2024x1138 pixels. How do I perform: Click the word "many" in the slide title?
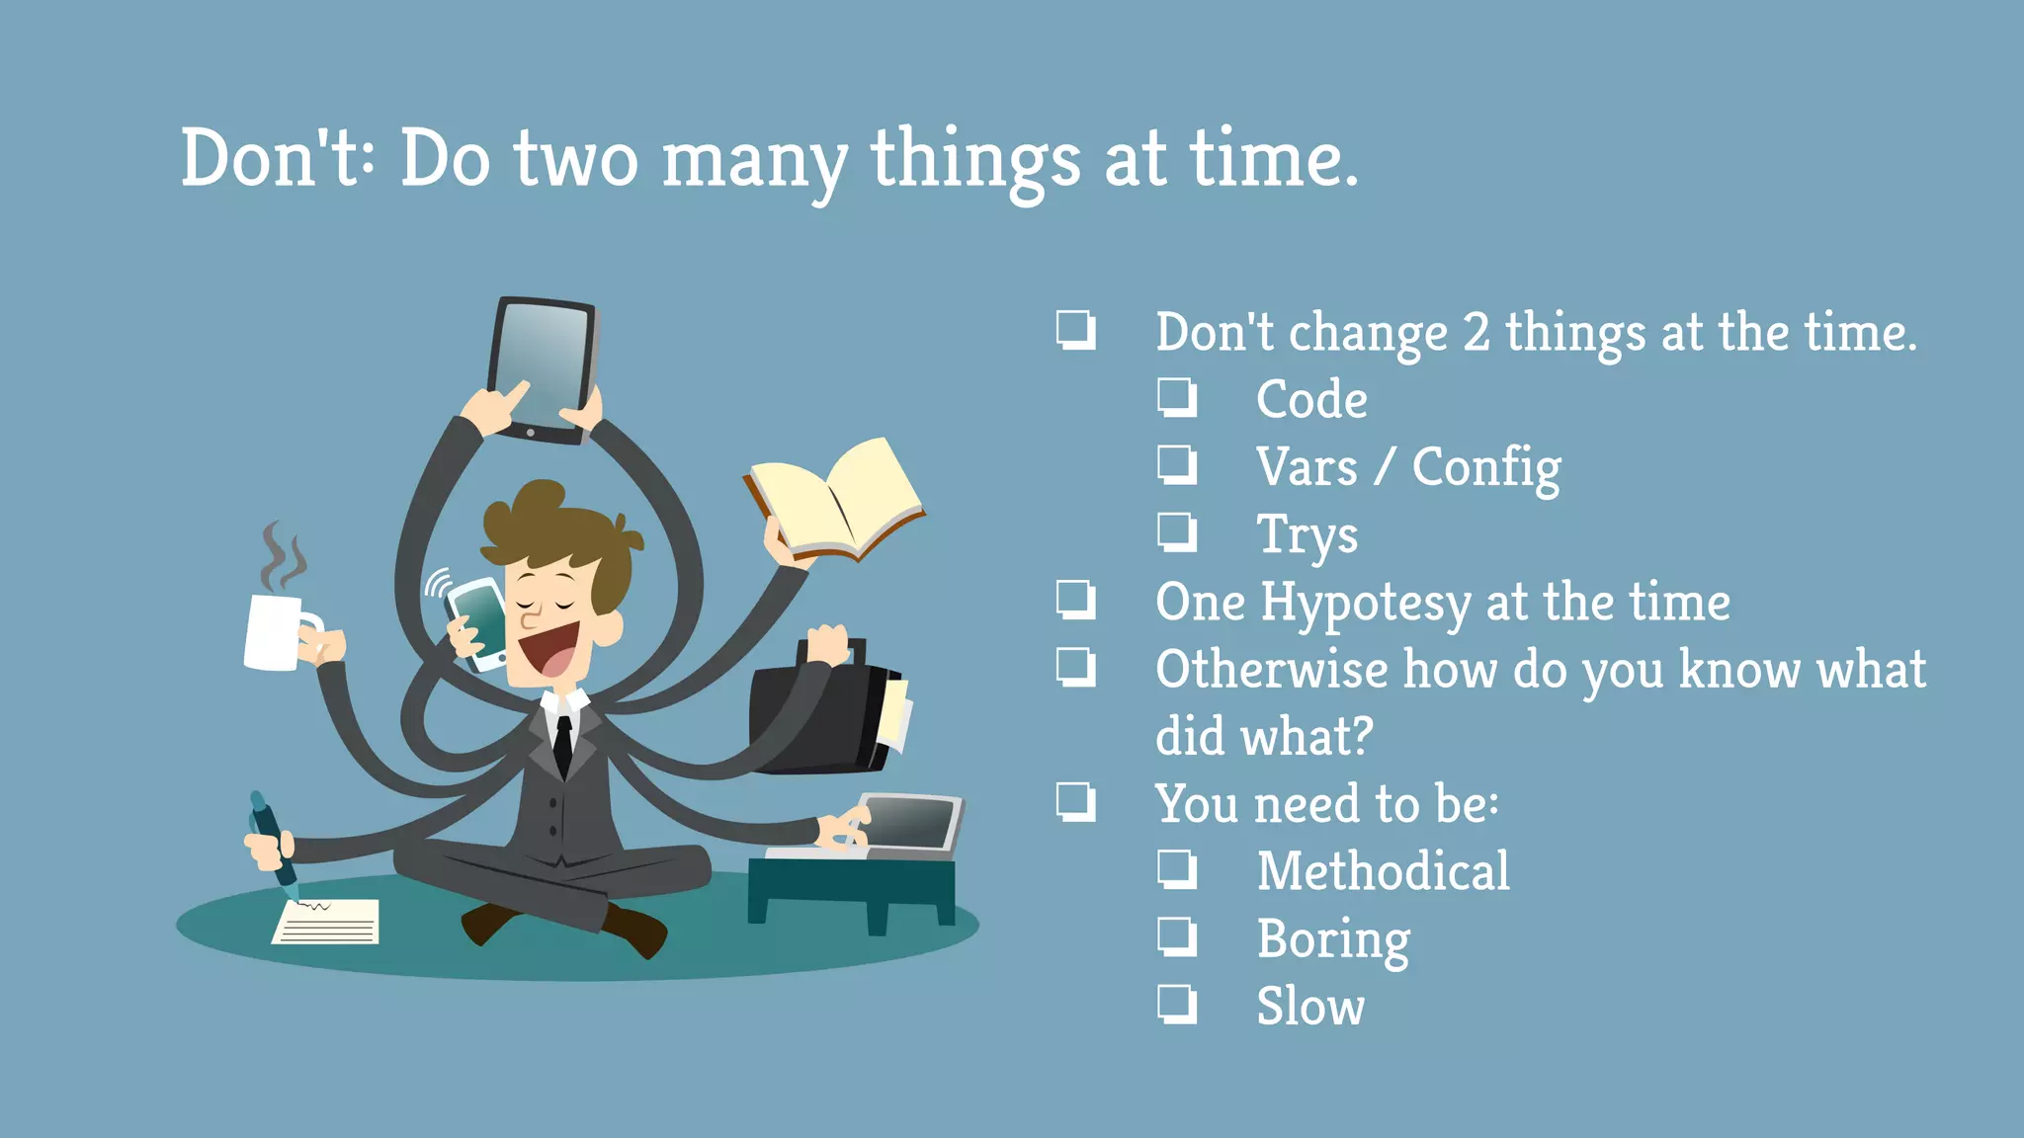[x=754, y=161]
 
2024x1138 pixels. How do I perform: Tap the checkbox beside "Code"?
[x=1177, y=397]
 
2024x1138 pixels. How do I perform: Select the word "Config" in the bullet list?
[x=1485, y=467]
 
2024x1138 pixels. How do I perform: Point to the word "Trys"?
[x=1307, y=536]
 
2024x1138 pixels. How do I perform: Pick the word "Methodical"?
[x=1383, y=871]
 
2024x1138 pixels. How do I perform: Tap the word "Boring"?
[x=1333, y=939]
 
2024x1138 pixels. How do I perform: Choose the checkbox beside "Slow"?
[x=1177, y=1004]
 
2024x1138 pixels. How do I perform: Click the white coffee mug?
[x=274, y=632]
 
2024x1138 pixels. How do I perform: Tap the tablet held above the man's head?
[x=542, y=367]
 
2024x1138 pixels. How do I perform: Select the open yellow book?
[x=835, y=499]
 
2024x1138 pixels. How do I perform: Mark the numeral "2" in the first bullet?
[x=1476, y=332]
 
